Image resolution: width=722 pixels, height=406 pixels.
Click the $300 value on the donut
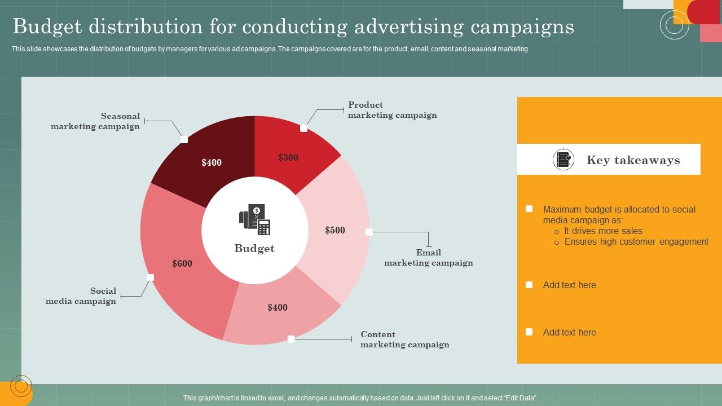pos(288,158)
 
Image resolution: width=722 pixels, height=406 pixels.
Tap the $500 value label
pos(335,230)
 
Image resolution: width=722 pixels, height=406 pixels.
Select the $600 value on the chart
pos(182,263)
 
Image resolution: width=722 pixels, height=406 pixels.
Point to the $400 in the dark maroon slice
pos(212,163)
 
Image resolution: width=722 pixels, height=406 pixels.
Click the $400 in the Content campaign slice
pos(278,307)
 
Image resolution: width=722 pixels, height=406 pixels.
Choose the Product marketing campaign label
pos(392,110)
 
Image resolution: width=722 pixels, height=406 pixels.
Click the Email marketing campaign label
pos(428,258)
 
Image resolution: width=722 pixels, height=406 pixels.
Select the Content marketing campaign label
pos(404,339)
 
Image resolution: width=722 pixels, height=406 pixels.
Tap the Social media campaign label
pos(81,296)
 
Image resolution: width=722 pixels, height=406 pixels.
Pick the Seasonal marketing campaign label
pos(95,121)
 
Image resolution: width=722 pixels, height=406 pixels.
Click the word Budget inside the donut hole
pos(254,249)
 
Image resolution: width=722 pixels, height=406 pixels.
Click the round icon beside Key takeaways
pos(563,160)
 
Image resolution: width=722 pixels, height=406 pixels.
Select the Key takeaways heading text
pos(633,160)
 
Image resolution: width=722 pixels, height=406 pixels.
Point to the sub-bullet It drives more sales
pos(603,231)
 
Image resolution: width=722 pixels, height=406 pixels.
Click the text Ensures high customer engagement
pos(636,242)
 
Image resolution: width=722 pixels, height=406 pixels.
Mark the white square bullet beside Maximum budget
pos(529,209)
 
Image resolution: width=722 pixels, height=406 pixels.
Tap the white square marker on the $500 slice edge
pos(369,232)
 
